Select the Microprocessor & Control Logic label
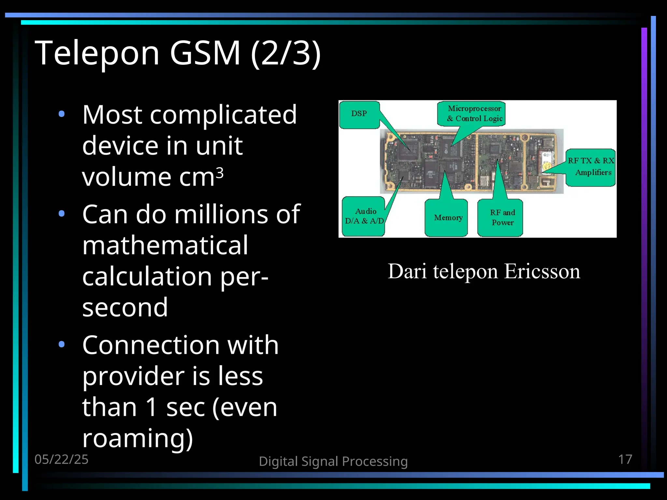click(x=474, y=114)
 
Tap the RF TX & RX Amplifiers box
click(x=591, y=167)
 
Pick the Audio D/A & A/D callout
click(x=364, y=216)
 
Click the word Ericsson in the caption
click(x=542, y=271)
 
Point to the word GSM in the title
click(x=205, y=53)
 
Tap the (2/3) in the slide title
click(x=286, y=53)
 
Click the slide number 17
click(x=625, y=459)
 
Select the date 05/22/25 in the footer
click(x=62, y=459)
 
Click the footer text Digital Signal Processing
click(x=333, y=462)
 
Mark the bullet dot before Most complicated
click(x=62, y=114)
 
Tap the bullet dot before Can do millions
click(x=62, y=214)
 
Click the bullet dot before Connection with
click(x=62, y=344)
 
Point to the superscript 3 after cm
click(x=220, y=173)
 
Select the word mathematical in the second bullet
click(x=165, y=245)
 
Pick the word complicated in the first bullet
click(x=223, y=115)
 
